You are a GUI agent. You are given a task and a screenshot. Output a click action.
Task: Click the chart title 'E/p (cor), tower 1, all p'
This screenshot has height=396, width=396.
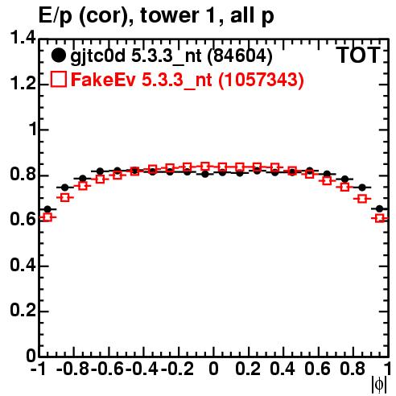click(156, 15)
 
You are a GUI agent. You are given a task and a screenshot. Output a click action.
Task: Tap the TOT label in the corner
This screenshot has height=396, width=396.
click(358, 55)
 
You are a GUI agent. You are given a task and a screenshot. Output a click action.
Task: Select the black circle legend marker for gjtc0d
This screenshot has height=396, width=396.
click(58, 56)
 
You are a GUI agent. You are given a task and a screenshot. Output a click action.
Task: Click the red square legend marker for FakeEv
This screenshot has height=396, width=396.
click(58, 79)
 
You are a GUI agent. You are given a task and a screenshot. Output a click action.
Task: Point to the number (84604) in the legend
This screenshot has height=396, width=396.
click(240, 56)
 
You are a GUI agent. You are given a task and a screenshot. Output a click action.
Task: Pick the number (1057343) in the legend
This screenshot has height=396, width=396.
click(261, 80)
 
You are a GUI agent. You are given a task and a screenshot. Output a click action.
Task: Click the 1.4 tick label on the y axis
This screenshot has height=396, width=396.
click(23, 39)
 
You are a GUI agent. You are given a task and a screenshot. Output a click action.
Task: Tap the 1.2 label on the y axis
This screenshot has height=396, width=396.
click(23, 84)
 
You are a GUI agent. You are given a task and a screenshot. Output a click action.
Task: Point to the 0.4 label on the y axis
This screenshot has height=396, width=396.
click(23, 265)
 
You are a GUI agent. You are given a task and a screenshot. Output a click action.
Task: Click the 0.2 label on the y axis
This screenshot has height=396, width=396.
click(23, 311)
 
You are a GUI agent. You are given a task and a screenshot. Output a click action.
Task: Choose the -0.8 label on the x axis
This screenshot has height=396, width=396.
click(72, 369)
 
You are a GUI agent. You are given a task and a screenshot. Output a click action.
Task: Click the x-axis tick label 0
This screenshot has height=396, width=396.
click(213, 369)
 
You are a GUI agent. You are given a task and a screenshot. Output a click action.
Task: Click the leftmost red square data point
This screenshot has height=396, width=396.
click(47, 217)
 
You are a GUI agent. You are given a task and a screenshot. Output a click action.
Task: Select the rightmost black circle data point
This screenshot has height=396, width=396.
click(379, 208)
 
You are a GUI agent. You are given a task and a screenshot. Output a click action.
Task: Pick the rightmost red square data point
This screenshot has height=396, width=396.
click(380, 218)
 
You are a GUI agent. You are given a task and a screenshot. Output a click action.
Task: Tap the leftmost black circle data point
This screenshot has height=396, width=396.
click(47, 209)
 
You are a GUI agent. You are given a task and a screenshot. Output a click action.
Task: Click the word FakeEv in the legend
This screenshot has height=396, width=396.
click(103, 80)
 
